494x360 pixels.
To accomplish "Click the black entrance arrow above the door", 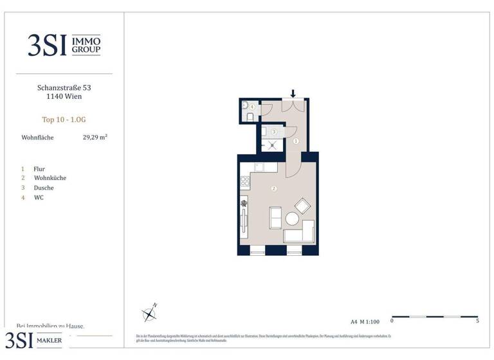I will (x=293, y=94).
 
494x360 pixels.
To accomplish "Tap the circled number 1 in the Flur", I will (x=296, y=141).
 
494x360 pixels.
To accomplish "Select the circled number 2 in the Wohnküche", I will (x=274, y=188).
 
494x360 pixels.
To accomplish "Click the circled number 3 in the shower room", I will (x=274, y=132).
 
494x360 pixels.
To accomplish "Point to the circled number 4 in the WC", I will (x=252, y=107).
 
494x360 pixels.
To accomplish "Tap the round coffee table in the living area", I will (x=292, y=219).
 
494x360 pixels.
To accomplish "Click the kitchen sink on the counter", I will (x=258, y=167).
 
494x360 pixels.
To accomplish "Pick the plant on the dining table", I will (x=244, y=204).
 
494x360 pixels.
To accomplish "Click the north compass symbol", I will (x=150, y=314).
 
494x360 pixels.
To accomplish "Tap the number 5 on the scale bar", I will (x=477, y=321).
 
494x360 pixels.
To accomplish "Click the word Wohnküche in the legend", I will (x=50, y=178).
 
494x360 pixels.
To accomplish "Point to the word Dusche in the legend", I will (x=44, y=188).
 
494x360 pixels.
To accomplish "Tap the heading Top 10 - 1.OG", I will (x=63, y=118).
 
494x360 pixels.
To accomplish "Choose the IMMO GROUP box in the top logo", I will (x=86, y=44).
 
